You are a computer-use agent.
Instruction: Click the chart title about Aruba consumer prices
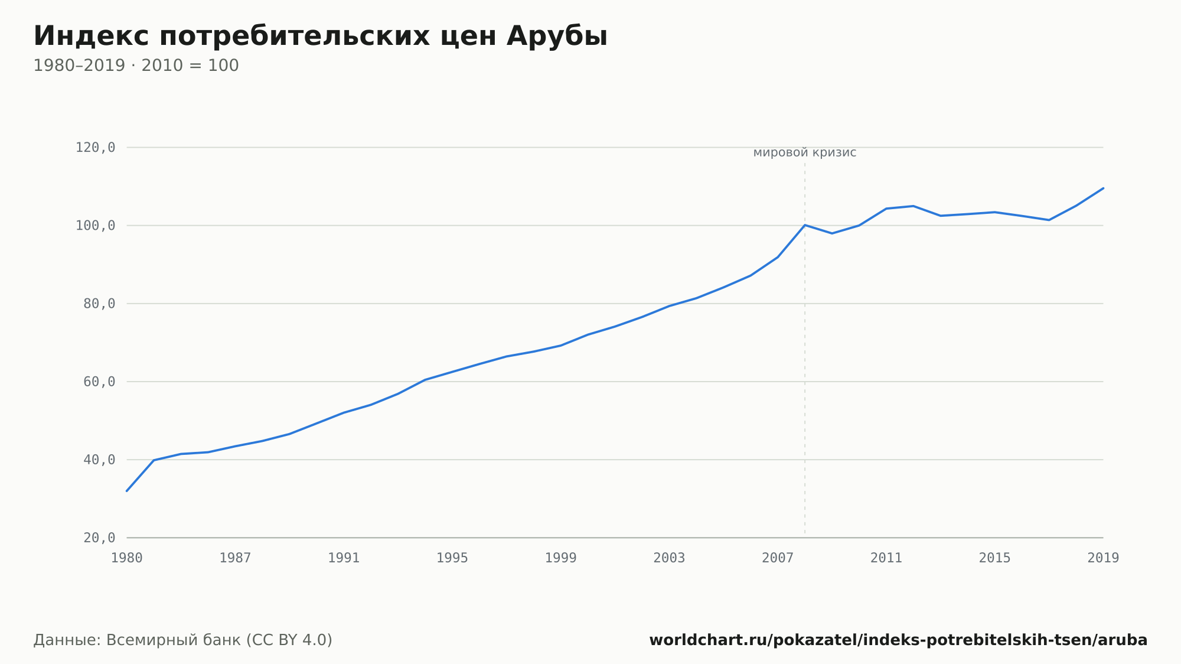pyautogui.click(x=320, y=37)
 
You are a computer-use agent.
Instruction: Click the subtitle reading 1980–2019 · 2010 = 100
pyautogui.click(x=136, y=66)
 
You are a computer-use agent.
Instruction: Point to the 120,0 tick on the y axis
pyautogui.click(x=95, y=148)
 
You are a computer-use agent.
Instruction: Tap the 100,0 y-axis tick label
pyautogui.click(x=95, y=226)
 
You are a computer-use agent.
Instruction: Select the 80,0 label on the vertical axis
pyautogui.click(x=99, y=304)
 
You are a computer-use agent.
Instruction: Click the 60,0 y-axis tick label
pyautogui.click(x=99, y=382)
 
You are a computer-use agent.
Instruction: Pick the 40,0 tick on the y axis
pyautogui.click(x=99, y=460)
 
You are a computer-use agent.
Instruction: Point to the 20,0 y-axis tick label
pyautogui.click(x=99, y=538)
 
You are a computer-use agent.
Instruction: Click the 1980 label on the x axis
pyautogui.click(x=127, y=558)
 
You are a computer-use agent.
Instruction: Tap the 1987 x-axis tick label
pyautogui.click(x=235, y=558)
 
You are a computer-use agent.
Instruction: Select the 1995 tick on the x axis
pyautogui.click(x=452, y=558)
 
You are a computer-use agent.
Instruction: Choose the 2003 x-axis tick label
pyautogui.click(x=669, y=558)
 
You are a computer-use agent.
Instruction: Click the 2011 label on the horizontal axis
pyautogui.click(x=886, y=558)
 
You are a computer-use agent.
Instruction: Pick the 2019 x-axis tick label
pyautogui.click(x=1103, y=558)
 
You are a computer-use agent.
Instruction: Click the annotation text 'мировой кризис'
pyautogui.click(x=805, y=153)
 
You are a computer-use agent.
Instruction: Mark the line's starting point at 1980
pyautogui.click(x=127, y=491)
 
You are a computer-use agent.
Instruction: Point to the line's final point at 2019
pyautogui.click(x=1103, y=188)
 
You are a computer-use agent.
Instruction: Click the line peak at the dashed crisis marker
pyautogui.click(x=805, y=225)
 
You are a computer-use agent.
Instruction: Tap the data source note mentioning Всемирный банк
pyautogui.click(x=183, y=640)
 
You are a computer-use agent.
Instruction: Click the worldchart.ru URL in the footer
pyautogui.click(x=898, y=640)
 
